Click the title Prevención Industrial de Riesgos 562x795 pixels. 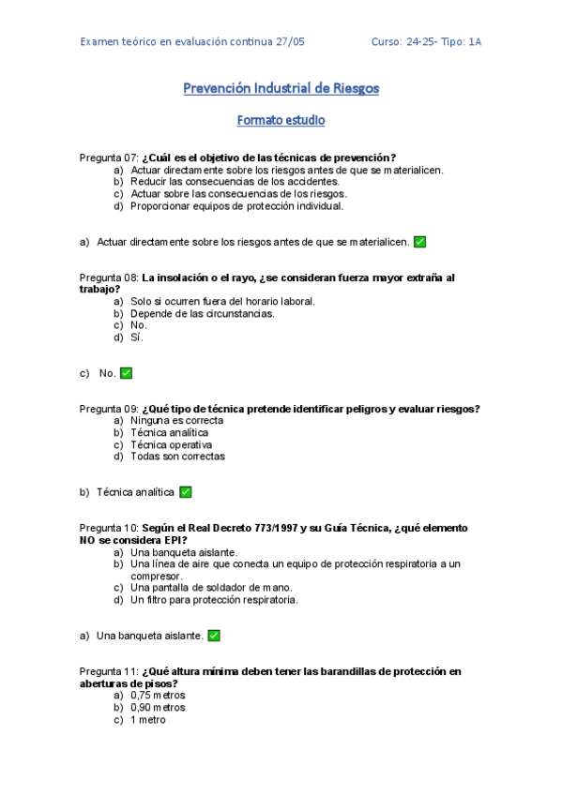coord(281,89)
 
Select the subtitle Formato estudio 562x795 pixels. coord(281,121)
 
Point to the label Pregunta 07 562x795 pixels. coord(109,157)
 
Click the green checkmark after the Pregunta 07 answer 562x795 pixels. coord(419,242)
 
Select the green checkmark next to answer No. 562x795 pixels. coord(126,373)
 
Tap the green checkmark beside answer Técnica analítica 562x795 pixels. coord(186,492)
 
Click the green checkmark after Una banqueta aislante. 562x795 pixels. coord(214,636)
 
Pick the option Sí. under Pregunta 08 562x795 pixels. coord(137,337)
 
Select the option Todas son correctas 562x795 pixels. coord(177,457)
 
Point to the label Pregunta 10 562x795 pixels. coord(109,529)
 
